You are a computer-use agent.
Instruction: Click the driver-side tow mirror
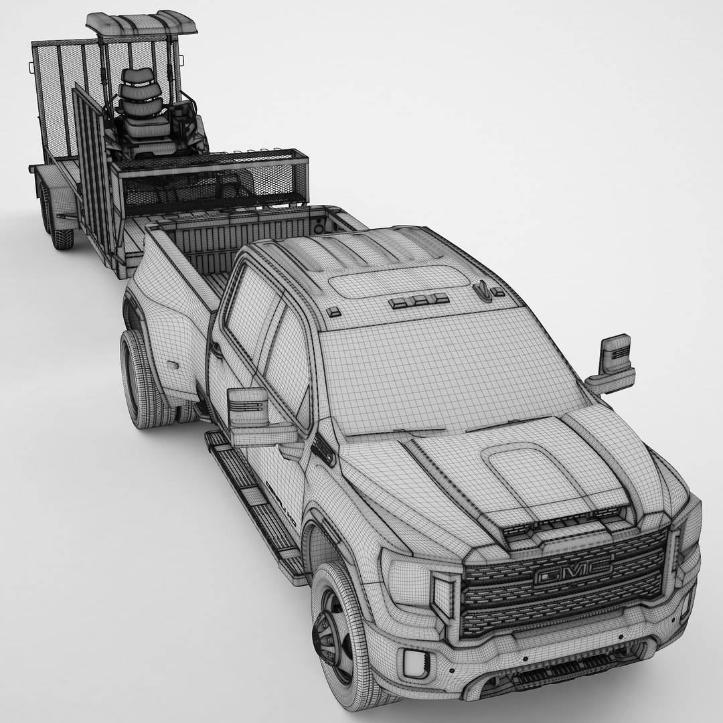248,409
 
